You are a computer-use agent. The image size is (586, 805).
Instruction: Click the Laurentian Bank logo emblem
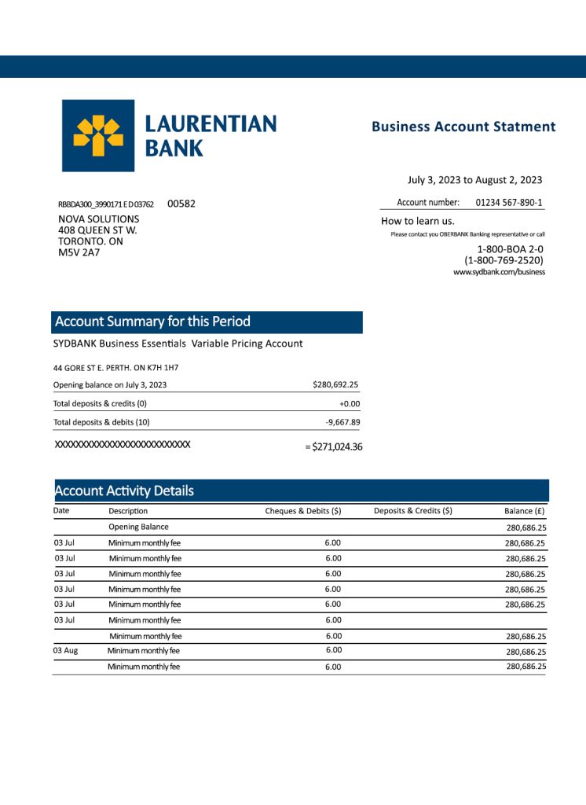click(x=98, y=135)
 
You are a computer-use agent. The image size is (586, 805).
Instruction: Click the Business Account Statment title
click(x=463, y=127)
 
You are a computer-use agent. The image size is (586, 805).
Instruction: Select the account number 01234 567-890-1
click(x=508, y=202)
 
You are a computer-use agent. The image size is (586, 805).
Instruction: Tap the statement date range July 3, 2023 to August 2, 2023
click(x=474, y=180)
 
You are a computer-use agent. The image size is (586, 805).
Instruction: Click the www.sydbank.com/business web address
click(x=499, y=272)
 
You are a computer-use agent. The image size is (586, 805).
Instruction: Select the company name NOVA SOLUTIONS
click(x=99, y=219)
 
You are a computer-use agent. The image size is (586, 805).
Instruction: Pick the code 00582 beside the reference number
click(x=181, y=204)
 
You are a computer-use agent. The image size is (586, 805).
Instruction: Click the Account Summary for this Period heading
click(x=152, y=322)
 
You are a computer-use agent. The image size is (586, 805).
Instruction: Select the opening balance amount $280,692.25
click(x=335, y=385)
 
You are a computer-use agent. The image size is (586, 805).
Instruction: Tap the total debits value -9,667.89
click(x=342, y=422)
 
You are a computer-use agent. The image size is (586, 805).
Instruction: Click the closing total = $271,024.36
click(x=333, y=447)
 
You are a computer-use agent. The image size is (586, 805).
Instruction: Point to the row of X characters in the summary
click(x=122, y=445)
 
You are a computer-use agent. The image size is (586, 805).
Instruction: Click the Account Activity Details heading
click(x=124, y=491)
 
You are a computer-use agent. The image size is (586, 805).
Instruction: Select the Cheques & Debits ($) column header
click(x=302, y=511)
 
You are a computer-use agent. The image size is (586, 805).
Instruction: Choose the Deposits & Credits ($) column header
click(x=412, y=511)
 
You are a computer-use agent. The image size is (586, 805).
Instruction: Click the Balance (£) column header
click(x=525, y=511)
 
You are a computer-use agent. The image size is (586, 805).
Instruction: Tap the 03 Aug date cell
click(x=65, y=651)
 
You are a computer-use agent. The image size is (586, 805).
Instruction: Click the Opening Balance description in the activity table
click(x=138, y=527)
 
